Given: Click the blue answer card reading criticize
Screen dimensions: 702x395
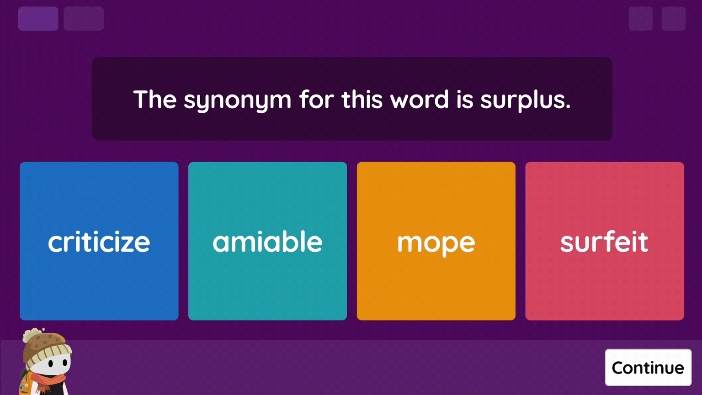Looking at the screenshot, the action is pyautogui.click(x=99, y=241).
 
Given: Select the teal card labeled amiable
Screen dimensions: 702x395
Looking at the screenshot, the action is pyautogui.click(x=267, y=241).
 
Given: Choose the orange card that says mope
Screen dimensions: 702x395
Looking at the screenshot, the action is pyautogui.click(x=436, y=241).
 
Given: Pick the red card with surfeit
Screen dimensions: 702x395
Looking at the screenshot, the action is pyautogui.click(x=605, y=241).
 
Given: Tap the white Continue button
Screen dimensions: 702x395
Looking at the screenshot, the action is pyautogui.click(x=648, y=368).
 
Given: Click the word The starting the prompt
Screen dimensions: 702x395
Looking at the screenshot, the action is pyautogui.click(x=155, y=99).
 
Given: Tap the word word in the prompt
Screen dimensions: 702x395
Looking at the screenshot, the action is pyautogui.click(x=419, y=99).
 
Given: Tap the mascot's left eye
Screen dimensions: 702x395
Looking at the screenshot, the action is pyautogui.click(x=50, y=363).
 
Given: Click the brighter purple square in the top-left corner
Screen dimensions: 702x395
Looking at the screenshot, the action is pyautogui.click(x=38, y=18).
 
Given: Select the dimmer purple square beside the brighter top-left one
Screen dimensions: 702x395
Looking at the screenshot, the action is pyautogui.click(x=84, y=18).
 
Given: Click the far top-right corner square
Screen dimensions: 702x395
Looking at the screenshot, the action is pyautogui.click(x=674, y=18).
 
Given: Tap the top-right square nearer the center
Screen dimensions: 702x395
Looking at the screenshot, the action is pyautogui.click(x=641, y=18).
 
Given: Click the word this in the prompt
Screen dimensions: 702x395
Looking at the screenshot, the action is pyautogui.click(x=362, y=99).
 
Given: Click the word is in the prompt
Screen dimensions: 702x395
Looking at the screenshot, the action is pyautogui.click(x=465, y=99).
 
